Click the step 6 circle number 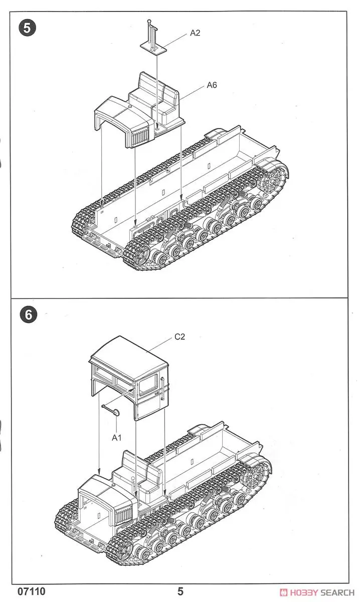28,315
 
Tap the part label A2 195,33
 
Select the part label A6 212,86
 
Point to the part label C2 179,337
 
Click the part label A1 117,438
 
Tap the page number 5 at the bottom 180,591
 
